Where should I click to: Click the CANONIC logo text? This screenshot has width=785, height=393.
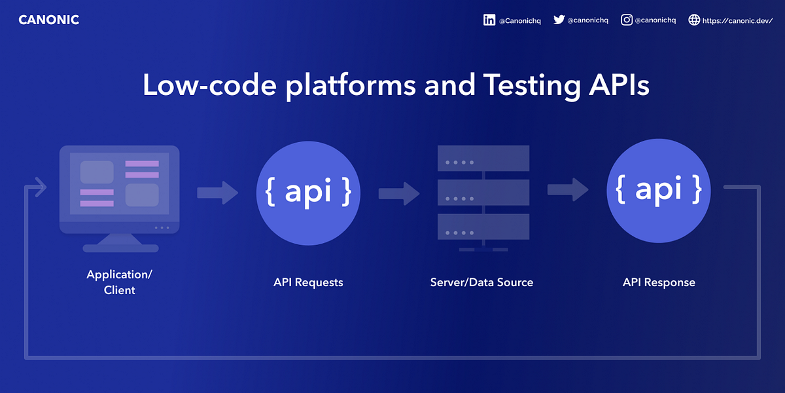point(48,20)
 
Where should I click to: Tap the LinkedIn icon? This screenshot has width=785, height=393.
point(489,20)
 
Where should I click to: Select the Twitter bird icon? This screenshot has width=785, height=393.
point(559,20)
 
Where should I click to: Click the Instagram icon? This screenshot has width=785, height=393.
point(627,20)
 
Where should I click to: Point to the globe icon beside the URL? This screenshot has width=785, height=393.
point(694,20)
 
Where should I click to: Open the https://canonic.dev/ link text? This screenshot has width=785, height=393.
point(737,20)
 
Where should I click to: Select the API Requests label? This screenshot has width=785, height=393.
point(308,282)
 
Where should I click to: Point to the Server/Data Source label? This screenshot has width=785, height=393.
point(481,282)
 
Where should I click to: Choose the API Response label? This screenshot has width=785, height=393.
point(659,282)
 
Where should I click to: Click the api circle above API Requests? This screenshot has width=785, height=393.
point(308,191)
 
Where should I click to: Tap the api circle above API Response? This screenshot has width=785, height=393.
point(659,190)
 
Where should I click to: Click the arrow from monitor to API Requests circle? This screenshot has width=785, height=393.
point(218,193)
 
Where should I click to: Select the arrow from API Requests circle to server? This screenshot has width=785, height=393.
point(399,193)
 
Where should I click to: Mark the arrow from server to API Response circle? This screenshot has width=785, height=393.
point(568,190)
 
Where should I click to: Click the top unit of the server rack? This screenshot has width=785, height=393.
point(483,159)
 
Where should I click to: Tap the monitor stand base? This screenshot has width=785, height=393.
point(120,248)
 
